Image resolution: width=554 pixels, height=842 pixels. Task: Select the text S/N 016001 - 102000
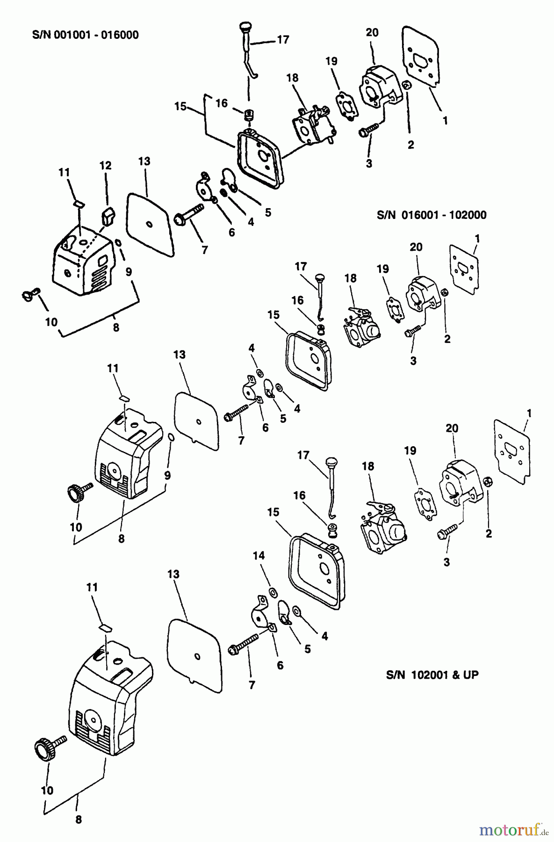(431, 215)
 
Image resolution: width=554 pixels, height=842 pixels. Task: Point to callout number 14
(259, 555)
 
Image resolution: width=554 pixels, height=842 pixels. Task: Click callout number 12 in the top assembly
(105, 166)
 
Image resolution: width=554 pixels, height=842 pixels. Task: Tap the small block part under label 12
(108, 216)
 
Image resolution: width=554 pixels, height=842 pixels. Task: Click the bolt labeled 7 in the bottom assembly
(244, 643)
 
